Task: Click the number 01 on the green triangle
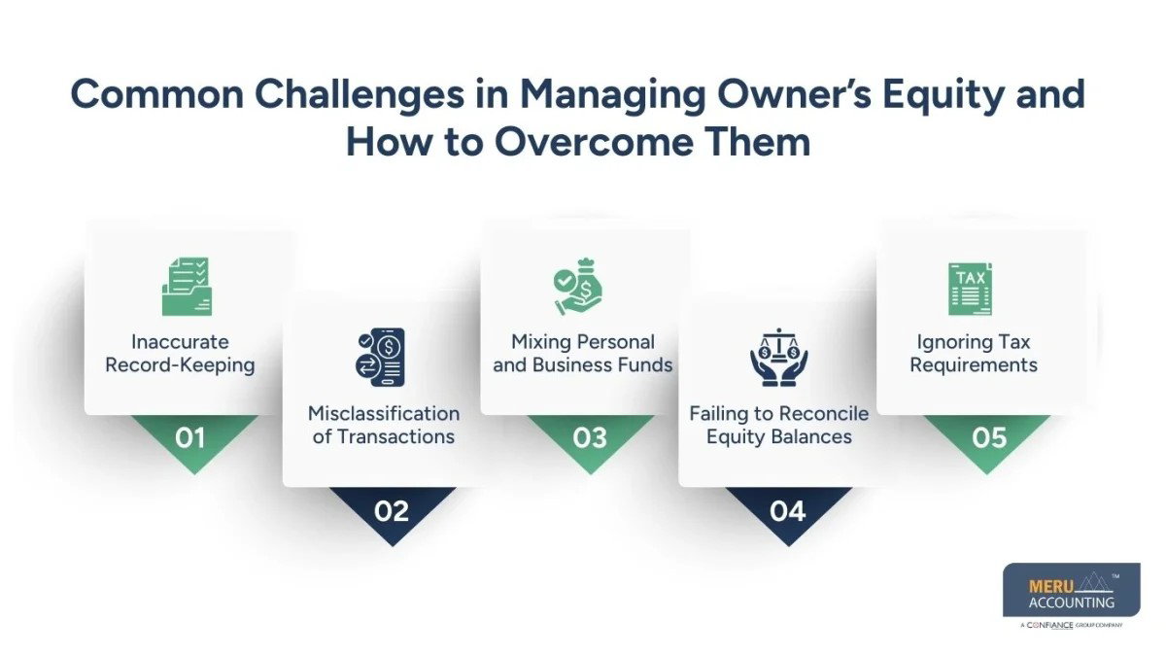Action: point(190,438)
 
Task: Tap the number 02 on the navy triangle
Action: point(392,510)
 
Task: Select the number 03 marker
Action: point(590,438)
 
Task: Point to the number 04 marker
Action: point(788,510)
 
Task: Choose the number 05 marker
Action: point(989,438)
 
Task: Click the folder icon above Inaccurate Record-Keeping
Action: point(187,286)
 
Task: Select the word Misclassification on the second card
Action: point(384,413)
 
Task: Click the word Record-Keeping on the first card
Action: point(182,366)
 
